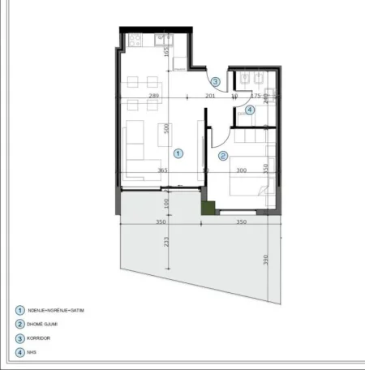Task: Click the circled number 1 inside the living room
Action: (180, 152)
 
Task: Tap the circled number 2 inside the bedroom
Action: (223, 156)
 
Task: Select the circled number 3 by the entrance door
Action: (215, 81)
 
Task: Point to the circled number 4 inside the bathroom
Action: (250, 110)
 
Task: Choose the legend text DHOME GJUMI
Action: (44, 324)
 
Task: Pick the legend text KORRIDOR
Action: (41, 338)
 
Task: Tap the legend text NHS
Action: (32, 353)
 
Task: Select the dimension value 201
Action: (209, 97)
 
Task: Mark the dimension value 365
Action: (162, 170)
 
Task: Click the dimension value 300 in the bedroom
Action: (241, 170)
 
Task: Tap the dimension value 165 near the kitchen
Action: (165, 51)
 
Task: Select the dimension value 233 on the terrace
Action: (165, 241)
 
